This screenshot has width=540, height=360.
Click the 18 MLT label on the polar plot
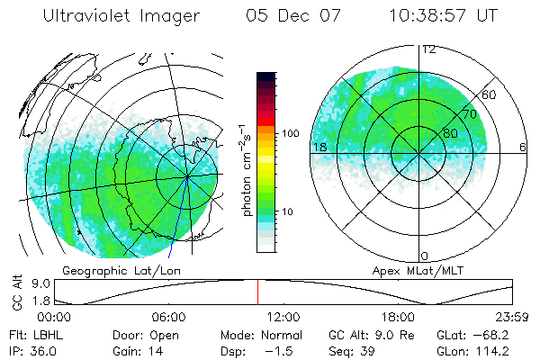coord(319,147)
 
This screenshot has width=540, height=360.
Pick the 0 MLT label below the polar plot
coord(425,256)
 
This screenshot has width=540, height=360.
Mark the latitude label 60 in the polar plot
coord(490,94)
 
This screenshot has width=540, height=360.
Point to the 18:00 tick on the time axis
coord(399,318)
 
